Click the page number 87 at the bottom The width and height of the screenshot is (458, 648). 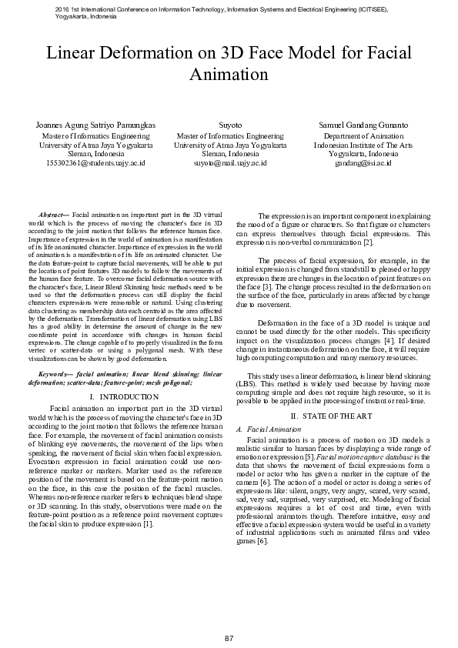229,619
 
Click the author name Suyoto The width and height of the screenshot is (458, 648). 230,125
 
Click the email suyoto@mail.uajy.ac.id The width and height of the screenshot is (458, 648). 230,163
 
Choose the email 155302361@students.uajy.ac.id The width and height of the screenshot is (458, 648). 96,163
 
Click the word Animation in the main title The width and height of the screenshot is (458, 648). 229,75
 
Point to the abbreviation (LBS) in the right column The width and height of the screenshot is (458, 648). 246,382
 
